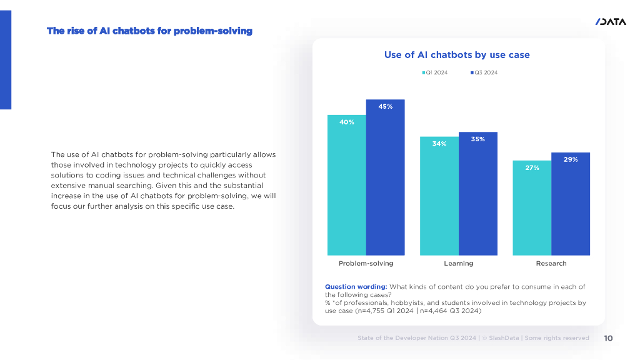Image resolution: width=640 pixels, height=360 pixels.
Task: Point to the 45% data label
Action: pyautogui.click(x=386, y=107)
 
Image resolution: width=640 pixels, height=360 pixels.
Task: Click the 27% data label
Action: pyautogui.click(x=532, y=167)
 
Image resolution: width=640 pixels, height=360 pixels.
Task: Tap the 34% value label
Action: pyautogui.click(x=439, y=144)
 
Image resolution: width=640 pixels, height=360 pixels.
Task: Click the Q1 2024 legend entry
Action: pyautogui.click(x=435, y=73)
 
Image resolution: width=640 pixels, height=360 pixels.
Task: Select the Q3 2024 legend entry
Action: pyautogui.click(x=484, y=73)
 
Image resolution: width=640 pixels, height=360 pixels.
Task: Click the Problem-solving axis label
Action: pyautogui.click(x=366, y=263)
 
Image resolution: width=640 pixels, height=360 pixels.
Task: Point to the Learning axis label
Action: pyautogui.click(x=459, y=263)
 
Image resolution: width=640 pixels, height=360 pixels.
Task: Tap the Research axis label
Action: pyautogui.click(x=551, y=263)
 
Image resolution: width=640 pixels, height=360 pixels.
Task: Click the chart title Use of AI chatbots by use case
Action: pyautogui.click(x=457, y=55)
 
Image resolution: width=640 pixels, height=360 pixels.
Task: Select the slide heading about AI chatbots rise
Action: pyautogui.click(x=149, y=31)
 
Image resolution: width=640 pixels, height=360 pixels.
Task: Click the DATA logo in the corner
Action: pyautogui.click(x=611, y=22)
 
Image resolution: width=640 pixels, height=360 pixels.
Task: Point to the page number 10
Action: pyautogui.click(x=608, y=338)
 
